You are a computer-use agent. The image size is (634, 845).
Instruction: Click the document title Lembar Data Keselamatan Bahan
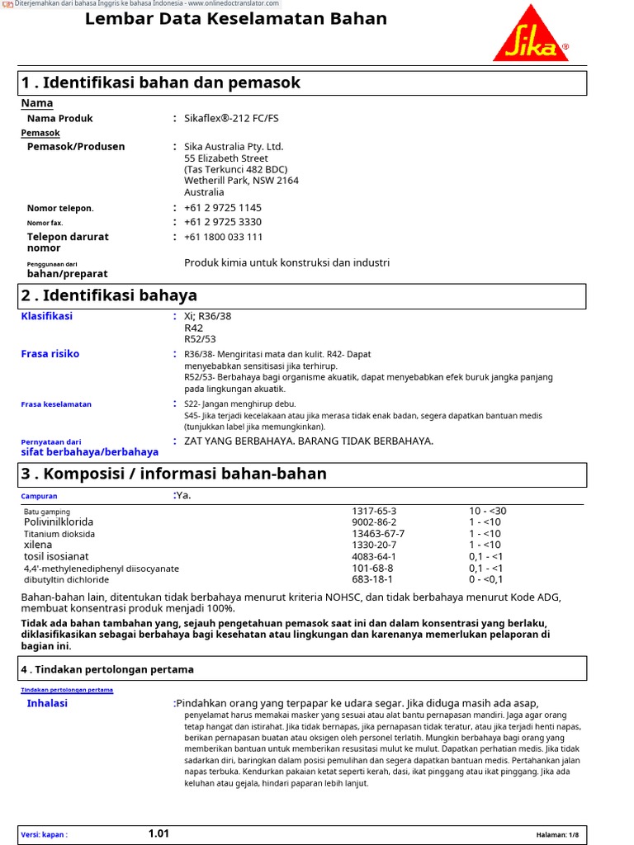[236, 19]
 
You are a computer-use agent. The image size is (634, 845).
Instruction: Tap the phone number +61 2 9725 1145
[223, 208]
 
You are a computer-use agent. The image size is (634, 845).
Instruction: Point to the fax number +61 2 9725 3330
[223, 222]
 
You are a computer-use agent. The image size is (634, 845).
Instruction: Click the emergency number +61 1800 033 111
[224, 237]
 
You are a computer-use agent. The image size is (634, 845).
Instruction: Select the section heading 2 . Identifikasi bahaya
[109, 295]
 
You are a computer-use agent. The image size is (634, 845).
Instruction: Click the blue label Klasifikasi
[46, 316]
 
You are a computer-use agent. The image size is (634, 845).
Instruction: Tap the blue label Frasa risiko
[50, 354]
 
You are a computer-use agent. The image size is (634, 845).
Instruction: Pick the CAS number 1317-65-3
[374, 511]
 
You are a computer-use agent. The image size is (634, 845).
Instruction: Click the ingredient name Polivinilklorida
[59, 522]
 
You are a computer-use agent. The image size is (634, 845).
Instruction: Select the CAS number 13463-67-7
[378, 534]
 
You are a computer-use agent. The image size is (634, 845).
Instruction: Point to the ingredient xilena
[38, 545]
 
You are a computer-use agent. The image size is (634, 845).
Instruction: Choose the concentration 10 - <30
[488, 511]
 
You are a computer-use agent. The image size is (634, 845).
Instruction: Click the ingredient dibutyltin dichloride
[68, 580]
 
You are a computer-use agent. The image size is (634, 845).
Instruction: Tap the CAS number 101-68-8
[372, 569]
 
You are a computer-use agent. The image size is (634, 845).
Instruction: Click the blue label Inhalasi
[47, 703]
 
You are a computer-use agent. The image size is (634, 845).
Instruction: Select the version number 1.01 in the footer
[158, 833]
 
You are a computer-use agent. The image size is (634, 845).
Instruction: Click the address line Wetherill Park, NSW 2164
[241, 181]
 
